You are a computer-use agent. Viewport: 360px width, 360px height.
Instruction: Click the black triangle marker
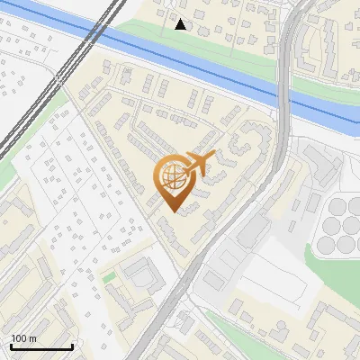click(181, 24)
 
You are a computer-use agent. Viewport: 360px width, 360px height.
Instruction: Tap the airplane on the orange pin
click(197, 164)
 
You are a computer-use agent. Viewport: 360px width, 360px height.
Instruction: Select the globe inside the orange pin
click(171, 175)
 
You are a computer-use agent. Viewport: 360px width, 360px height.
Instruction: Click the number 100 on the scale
click(20, 337)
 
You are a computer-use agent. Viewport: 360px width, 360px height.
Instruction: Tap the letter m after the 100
click(33, 337)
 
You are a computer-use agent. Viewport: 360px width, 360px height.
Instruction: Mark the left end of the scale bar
click(10, 346)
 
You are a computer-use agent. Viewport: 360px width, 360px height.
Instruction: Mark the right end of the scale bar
click(72, 346)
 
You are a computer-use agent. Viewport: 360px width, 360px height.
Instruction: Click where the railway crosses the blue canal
click(93, 33)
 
